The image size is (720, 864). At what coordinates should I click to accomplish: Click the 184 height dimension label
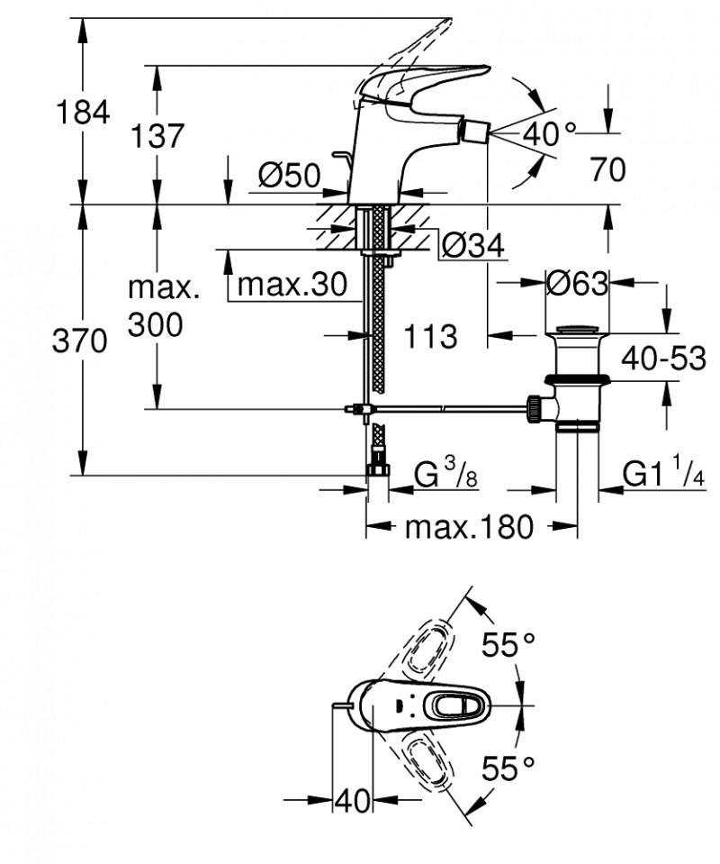pyautogui.click(x=83, y=113)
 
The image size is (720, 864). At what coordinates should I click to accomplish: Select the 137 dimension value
pyautogui.click(x=157, y=137)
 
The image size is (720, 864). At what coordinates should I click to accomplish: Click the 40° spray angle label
pyautogui.click(x=549, y=135)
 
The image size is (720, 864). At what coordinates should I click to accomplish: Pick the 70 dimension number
pyautogui.click(x=608, y=168)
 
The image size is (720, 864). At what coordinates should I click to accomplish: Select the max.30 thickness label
pyautogui.click(x=292, y=285)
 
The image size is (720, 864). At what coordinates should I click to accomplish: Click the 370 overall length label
pyautogui.click(x=82, y=341)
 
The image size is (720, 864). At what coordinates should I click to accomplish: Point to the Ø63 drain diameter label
pyautogui.click(x=577, y=284)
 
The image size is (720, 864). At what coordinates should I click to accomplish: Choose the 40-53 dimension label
pyautogui.click(x=663, y=358)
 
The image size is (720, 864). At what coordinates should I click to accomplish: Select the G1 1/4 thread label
pyautogui.click(x=662, y=474)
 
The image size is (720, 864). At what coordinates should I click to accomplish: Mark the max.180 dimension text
pyautogui.click(x=469, y=527)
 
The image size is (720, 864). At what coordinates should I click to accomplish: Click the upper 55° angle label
pyautogui.click(x=508, y=645)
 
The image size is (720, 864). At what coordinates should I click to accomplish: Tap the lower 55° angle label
pyautogui.click(x=508, y=769)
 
